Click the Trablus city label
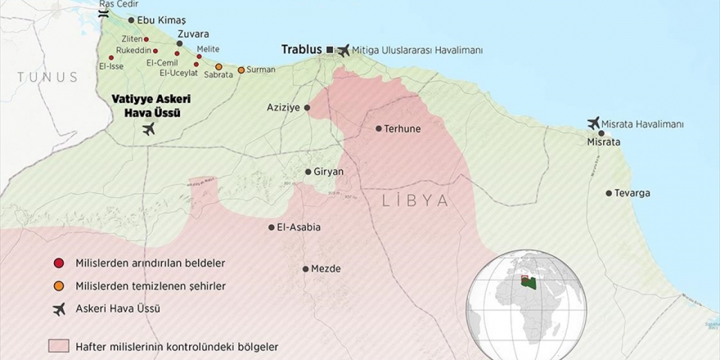(302, 50)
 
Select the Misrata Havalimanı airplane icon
(594, 124)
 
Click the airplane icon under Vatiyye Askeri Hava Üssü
(148, 129)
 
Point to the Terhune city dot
(379, 128)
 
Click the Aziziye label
(284, 107)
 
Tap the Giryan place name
(329, 172)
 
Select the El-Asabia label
(299, 227)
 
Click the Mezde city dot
(305, 268)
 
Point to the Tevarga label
(632, 193)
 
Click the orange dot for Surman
(241, 70)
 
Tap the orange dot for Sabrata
(218, 66)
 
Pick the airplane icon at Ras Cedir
(103, 13)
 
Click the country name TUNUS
(47, 77)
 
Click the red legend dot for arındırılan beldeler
(58, 263)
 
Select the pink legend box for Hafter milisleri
(59, 346)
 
